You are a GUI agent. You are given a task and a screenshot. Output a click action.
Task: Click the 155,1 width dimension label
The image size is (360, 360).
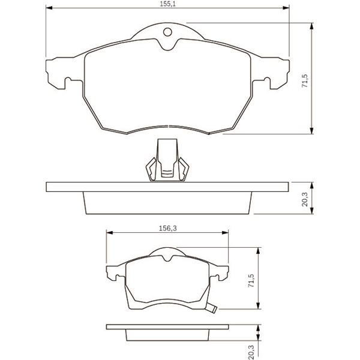[x=167, y=4]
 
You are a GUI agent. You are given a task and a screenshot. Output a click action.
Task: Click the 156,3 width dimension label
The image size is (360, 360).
[x=168, y=229]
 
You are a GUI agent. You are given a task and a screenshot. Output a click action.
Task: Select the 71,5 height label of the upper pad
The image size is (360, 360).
[x=305, y=80]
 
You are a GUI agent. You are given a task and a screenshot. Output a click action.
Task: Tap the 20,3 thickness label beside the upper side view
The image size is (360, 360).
[x=305, y=199]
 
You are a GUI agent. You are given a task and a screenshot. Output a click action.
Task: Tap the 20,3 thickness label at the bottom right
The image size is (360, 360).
[x=251, y=352]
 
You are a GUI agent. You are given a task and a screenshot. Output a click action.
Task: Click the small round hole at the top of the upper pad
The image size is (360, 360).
[x=167, y=32]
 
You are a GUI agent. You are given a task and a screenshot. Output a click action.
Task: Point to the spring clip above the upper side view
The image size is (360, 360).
[x=167, y=160]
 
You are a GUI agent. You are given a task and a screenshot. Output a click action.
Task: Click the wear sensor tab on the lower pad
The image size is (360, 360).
[x=211, y=308]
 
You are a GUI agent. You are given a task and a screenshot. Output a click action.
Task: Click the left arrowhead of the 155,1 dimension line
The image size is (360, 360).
[x=49, y=8]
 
